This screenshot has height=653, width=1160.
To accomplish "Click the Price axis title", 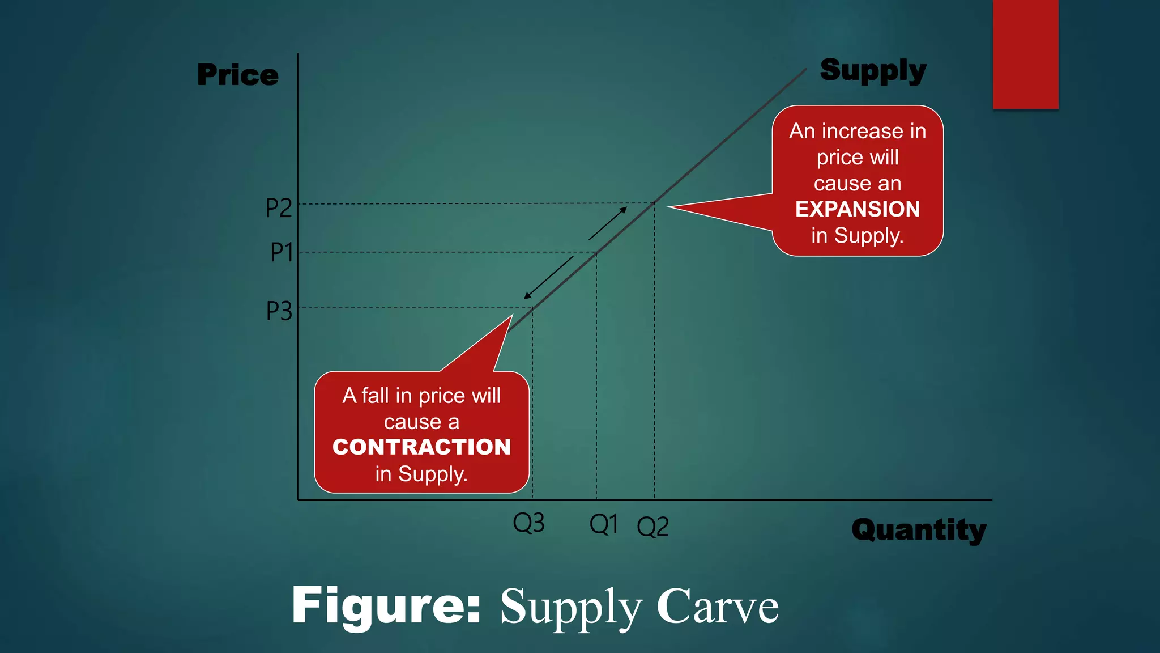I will pos(238,75).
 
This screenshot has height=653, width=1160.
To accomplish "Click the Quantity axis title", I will pos(919,530).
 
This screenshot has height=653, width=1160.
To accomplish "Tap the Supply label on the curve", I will pos(873,71).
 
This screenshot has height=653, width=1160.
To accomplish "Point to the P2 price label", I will pos(279,209).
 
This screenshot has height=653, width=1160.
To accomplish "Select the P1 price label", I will pos(282,252).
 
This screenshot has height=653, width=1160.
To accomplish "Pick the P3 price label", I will pos(279,311).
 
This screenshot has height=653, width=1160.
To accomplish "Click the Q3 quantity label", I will pos(528,523).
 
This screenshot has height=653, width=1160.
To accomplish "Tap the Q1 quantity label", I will pos(604,524).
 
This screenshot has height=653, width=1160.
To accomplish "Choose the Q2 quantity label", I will pos(652,527).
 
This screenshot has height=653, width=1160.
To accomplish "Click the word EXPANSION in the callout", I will pos(858,209).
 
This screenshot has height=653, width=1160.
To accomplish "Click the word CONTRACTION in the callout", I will pos(421,447).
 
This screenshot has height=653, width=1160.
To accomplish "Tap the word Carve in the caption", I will pos(718,607).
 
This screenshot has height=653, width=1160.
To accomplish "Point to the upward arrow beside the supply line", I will pos(608,223).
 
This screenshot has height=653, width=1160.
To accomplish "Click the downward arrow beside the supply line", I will pos(548,278).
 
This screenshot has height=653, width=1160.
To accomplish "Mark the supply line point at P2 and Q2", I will pos(655,203).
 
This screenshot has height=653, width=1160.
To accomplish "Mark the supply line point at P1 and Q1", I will pos(596,253).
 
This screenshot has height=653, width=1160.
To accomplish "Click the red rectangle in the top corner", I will pos(1025,54).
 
